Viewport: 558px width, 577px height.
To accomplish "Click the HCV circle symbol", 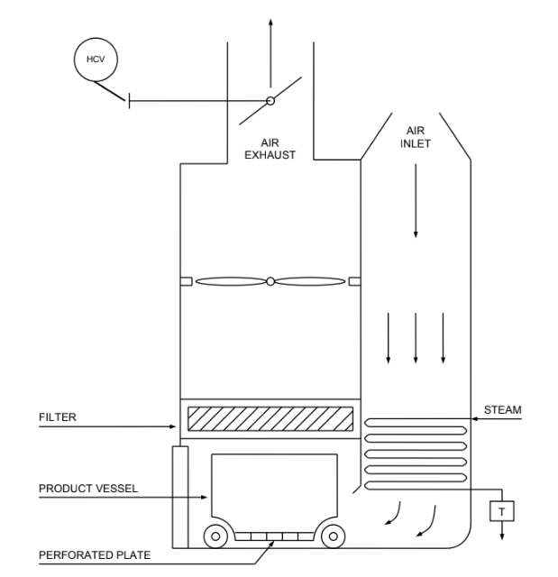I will pos(95,59).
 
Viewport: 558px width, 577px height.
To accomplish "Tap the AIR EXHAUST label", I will pos(270,149).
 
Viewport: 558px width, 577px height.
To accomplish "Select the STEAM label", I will pos(502,410).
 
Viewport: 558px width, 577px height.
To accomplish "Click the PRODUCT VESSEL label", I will pos(87,488).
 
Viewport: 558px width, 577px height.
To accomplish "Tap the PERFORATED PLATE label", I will pos(95,554).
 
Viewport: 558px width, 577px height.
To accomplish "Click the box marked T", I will pos(499,511).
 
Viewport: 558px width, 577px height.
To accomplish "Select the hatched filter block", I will pos(270,419).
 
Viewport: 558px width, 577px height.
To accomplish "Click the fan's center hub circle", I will pos(270,281).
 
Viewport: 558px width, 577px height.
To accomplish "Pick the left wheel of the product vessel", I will pos(215,536).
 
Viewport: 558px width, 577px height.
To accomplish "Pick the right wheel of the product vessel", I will pos(333,536).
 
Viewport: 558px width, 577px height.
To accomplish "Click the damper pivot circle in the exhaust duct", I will pos(270,101).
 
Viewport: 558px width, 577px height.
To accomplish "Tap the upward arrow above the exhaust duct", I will pos(270,41).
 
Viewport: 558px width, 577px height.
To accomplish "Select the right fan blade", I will pos(309,281).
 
